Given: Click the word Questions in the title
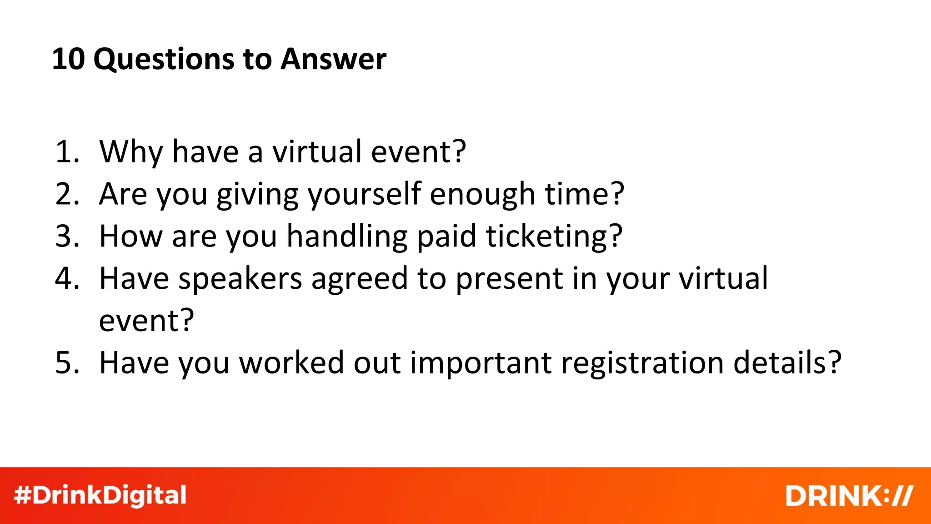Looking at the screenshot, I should tap(164, 60).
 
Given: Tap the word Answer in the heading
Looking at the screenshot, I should tap(333, 59).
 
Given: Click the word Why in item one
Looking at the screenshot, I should tap(131, 152).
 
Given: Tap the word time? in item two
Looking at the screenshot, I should tap(585, 194).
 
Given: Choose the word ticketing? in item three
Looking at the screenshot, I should tap(554, 237).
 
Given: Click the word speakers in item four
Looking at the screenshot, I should tap(240, 278).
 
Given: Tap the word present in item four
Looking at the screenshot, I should tap(509, 278).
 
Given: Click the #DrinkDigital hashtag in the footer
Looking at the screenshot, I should tap(100, 495).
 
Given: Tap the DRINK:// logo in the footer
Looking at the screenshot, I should tap(849, 495).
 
